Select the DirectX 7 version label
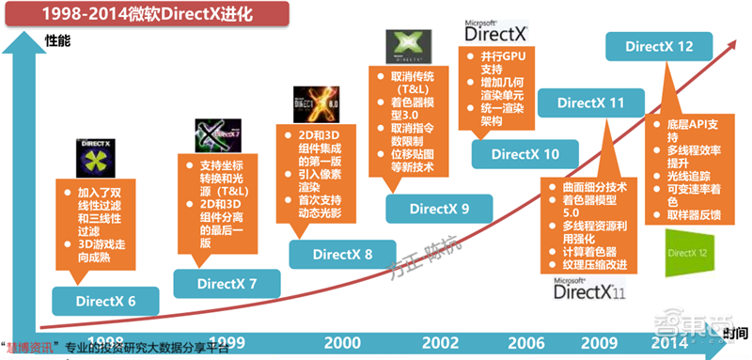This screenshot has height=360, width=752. click(x=227, y=281)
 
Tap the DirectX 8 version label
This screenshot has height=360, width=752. click(x=342, y=254)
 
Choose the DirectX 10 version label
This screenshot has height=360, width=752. click(x=525, y=153)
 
